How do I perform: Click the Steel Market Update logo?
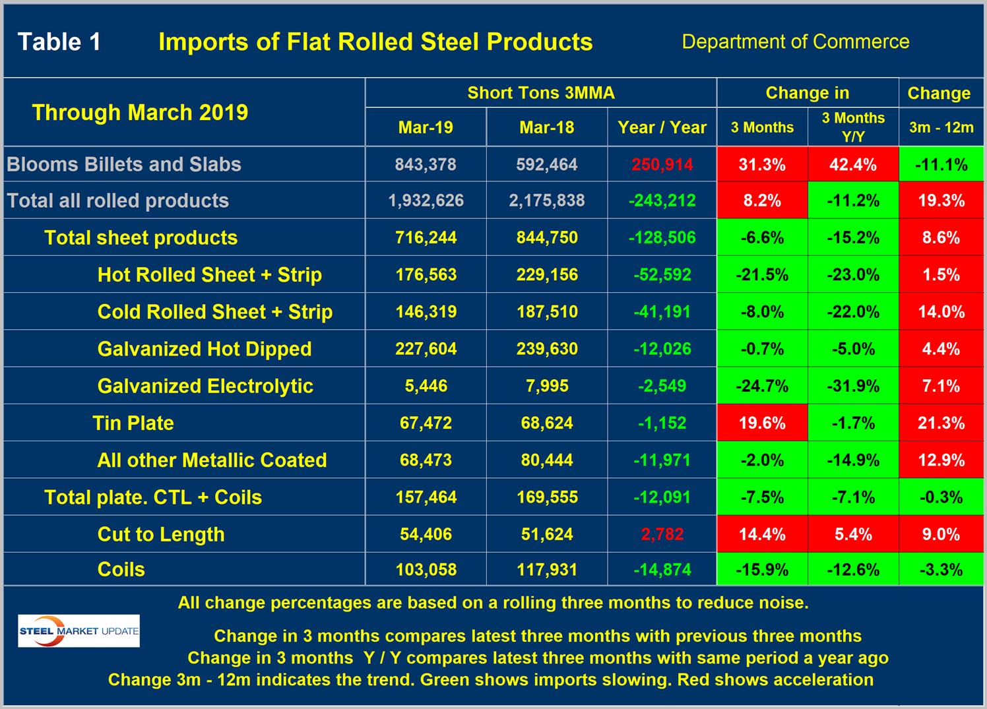(x=79, y=631)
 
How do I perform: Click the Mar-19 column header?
(x=426, y=127)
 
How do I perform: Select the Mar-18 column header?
(x=546, y=127)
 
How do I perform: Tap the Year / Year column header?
(x=662, y=127)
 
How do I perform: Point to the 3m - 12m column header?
(x=941, y=127)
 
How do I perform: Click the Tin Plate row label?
(x=133, y=423)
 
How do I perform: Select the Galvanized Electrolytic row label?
(x=205, y=386)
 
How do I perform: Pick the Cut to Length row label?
(x=161, y=534)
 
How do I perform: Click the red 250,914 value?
(x=662, y=164)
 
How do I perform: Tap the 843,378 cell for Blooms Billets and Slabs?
(x=426, y=164)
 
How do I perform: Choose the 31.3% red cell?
(x=762, y=164)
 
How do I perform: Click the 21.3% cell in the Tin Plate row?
(x=941, y=423)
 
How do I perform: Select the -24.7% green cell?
(x=762, y=386)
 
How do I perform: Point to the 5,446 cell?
(x=426, y=386)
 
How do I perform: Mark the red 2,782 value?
(x=662, y=534)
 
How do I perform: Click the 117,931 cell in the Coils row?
(x=546, y=569)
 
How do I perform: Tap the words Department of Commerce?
(x=795, y=42)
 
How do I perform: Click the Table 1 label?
(x=59, y=42)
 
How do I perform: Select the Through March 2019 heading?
(x=140, y=112)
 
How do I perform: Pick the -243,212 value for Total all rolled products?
(x=662, y=200)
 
